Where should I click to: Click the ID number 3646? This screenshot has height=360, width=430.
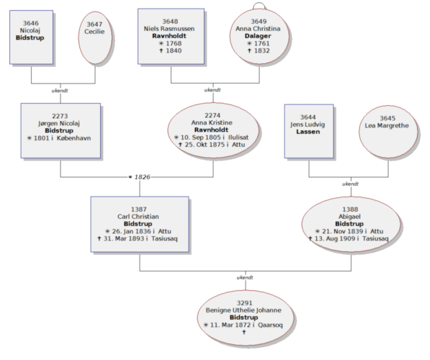click(31, 23)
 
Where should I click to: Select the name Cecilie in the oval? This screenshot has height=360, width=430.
click(94, 32)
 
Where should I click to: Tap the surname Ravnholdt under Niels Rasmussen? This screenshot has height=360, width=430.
click(169, 36)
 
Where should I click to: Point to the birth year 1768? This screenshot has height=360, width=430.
click(174, 43)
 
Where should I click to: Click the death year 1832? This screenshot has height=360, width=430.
click(262, 50)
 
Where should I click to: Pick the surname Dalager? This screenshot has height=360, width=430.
click(258, 36)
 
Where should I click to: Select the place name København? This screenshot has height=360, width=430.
click(73, 138)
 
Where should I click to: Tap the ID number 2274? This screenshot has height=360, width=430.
click(212, 115)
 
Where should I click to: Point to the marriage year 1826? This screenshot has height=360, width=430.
click(143, 177)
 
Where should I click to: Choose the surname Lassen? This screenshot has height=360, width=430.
click(308, 132)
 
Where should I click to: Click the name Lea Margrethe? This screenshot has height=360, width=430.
click(387, 125)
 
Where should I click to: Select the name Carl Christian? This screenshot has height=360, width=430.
click(138, 217)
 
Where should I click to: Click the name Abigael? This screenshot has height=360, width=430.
click(349, 217)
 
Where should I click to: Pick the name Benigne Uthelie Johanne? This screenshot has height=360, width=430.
click(243, 310)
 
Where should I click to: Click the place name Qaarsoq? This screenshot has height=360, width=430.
click(270, 325)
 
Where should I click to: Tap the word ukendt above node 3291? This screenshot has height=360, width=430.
click(245, 277)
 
